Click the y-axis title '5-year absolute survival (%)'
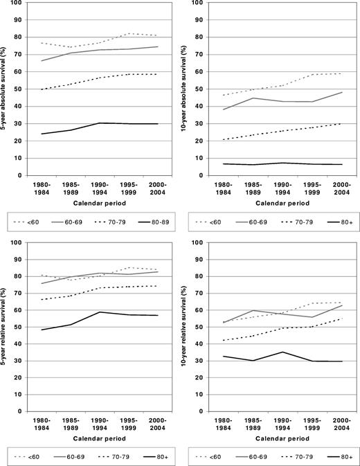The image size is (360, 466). (7, 89)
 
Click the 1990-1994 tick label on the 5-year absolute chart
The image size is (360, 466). (102, 189)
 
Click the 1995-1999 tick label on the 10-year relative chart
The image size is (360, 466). (308, 424)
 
